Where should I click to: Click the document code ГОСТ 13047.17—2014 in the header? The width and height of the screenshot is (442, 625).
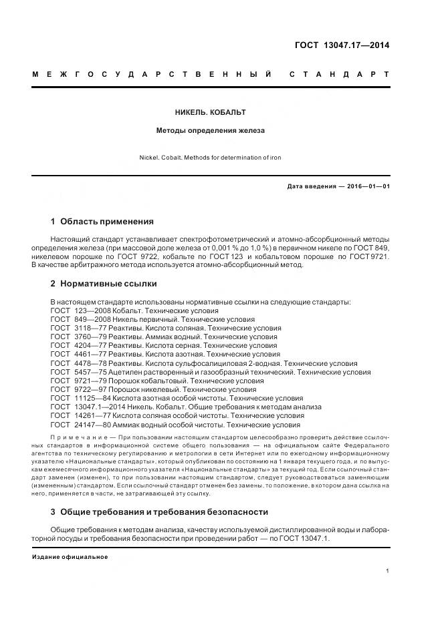342,45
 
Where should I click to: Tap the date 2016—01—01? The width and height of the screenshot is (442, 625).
367,186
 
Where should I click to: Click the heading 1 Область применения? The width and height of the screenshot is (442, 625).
102,221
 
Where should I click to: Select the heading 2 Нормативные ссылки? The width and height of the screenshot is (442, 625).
104,283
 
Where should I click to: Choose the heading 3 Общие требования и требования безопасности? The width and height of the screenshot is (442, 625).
159,511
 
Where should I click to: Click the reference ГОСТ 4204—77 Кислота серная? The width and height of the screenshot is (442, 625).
164,346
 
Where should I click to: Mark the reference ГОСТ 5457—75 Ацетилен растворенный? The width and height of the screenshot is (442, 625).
211,372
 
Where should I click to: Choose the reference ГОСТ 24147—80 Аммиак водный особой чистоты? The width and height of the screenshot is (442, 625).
175,425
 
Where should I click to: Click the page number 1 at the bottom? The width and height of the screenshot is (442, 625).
387,570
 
